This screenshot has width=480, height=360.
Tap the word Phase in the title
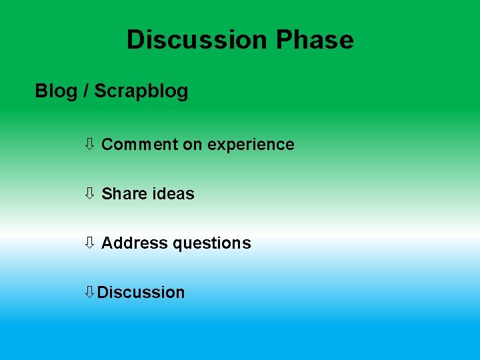[x=314, y=40]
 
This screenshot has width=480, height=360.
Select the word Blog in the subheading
[x=56, y=91]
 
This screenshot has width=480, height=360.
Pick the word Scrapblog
[x=141, y=91]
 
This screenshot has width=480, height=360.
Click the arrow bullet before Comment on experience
[x=89, y=144]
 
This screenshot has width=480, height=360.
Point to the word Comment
[x=139, y=145]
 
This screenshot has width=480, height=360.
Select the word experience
[x=251, y=145]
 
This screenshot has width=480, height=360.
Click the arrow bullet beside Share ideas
[x=89, y=193]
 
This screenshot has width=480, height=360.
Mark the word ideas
[x=173, y=194]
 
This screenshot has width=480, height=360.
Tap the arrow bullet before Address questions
[x=89, y=243]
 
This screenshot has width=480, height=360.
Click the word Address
[x=134, y=243]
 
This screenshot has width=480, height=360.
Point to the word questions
[x=211, y=243]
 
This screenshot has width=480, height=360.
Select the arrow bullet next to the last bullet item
[x=89, y=292]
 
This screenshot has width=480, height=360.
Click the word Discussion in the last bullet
[x=141, y=293]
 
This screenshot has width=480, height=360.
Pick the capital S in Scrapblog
[x=100, y=91]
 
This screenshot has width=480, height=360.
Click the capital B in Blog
[x=41, y=91]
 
